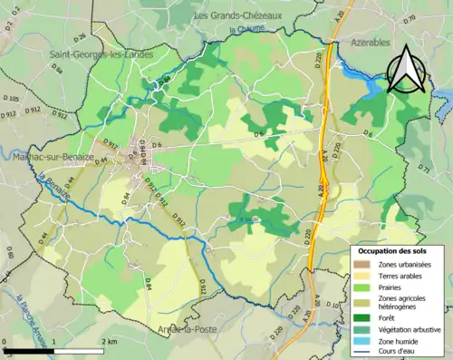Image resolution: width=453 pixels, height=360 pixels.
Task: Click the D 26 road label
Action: pyautogui.click(x=79, y=38)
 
